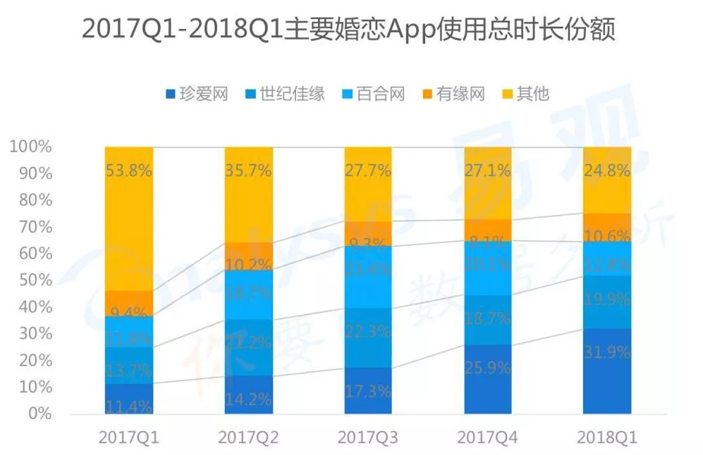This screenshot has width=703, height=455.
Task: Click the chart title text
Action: [348, 30]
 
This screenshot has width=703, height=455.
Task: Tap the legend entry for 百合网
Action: [372, 94]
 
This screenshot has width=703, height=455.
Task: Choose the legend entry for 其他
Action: [525, 94]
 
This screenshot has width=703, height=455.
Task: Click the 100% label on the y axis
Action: [30, 147]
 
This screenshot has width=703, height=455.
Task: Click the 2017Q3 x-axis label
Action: [367, 438]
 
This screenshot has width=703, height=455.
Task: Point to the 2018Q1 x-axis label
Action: [606, 438]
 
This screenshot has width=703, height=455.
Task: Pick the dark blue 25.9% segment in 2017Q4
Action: [487, 379]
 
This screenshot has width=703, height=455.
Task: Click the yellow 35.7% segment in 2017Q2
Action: [248, 194]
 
